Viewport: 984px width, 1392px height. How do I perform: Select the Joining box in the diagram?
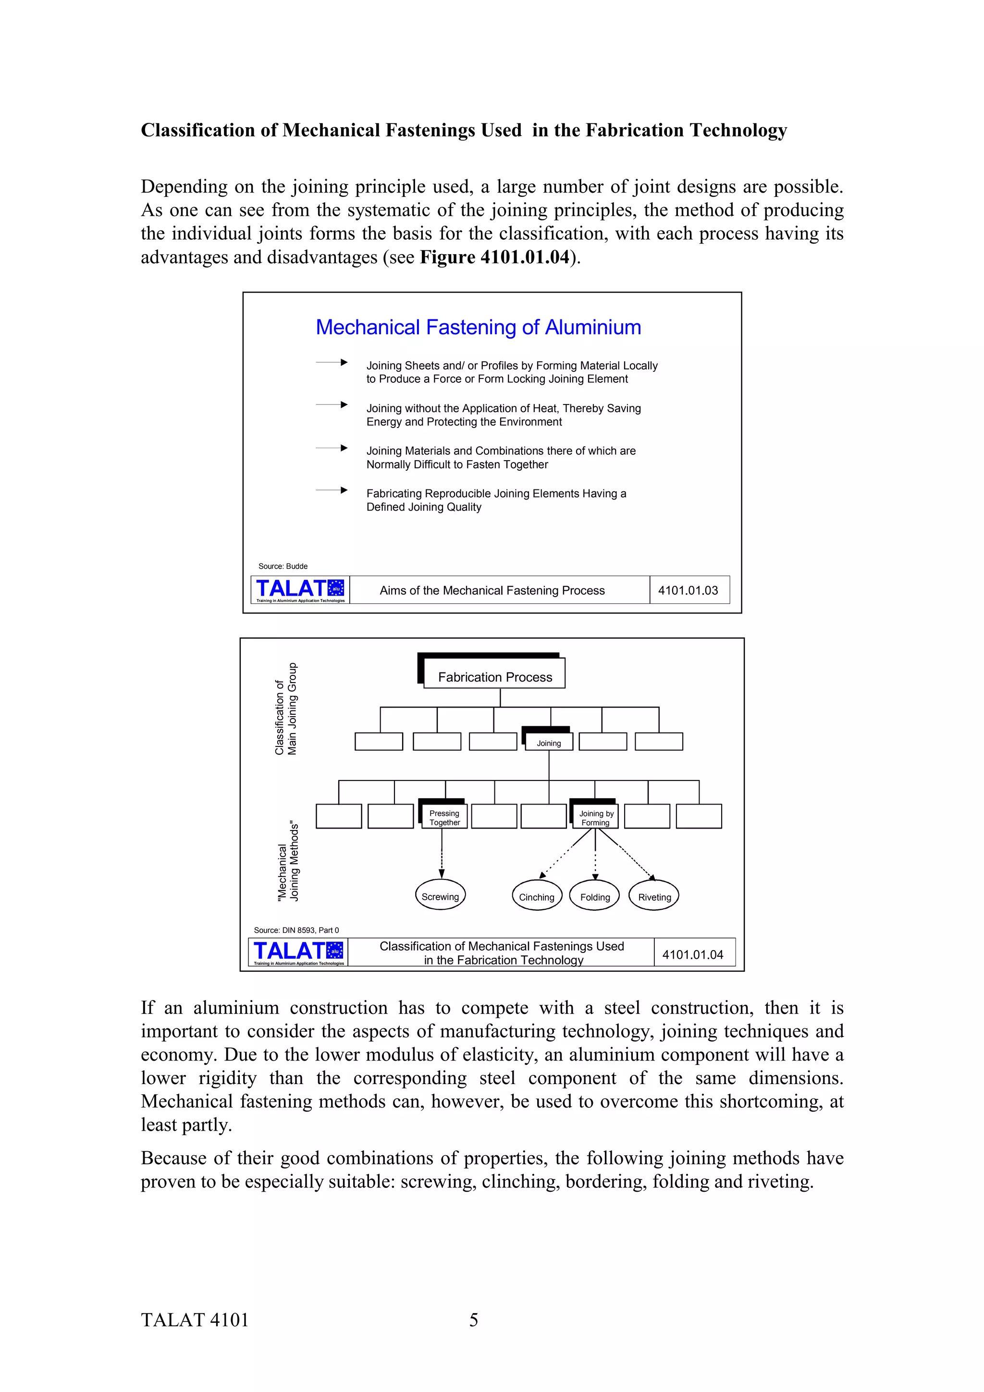549,742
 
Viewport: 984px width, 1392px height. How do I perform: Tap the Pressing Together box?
444,817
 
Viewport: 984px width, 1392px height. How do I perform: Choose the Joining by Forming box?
595,817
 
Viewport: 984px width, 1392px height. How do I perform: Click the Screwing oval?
440,896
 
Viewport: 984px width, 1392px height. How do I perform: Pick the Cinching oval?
537,897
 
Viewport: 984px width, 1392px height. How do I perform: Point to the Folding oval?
595,897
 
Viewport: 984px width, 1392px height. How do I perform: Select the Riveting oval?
654,897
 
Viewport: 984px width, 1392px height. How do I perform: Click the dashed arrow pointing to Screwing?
442,855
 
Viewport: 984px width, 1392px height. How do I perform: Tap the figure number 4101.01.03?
688,590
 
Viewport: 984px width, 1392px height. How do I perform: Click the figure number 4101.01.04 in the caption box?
692,954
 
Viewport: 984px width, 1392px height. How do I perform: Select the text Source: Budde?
283,566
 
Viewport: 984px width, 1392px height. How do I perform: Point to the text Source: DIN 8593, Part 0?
296,930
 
